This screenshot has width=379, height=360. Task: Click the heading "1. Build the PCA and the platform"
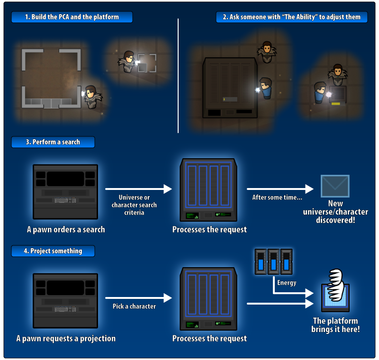click(x=72, y=17)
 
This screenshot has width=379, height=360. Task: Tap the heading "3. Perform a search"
click(x=53, y=142)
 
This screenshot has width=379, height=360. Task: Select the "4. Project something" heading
click(x=53, y=251)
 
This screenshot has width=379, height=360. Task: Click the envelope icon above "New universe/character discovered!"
click(x=335, y=186)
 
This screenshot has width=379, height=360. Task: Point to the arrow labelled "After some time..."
click(x=280, y=189)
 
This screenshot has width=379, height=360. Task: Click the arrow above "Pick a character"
click(x=138, y=298)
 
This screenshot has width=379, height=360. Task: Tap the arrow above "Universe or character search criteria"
click(x=138, y=189)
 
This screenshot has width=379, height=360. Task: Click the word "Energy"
click(x=287, y=283)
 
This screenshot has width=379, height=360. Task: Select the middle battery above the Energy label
click(x=274, y=261)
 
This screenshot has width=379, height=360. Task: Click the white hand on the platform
click(x=336, y=285)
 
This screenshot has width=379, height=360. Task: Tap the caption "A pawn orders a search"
click(x=66, y=229)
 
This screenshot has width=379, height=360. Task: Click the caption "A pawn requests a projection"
click(x=66, y=338)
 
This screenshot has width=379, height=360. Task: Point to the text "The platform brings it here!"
click(x=335, y=325)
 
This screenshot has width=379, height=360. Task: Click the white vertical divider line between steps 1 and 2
click(x=178, y=76)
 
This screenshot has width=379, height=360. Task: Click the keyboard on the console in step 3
click(x=61, y=200)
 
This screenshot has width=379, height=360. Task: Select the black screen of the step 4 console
click(x=65, y=288)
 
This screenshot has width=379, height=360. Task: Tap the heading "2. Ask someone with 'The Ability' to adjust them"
click(x=291, y=17)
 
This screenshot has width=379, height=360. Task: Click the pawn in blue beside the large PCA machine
click(x=266, y=88)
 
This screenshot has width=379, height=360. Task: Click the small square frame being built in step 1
click(x=147, y=63)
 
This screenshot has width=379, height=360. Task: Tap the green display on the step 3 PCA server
click(x=192, y=216)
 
